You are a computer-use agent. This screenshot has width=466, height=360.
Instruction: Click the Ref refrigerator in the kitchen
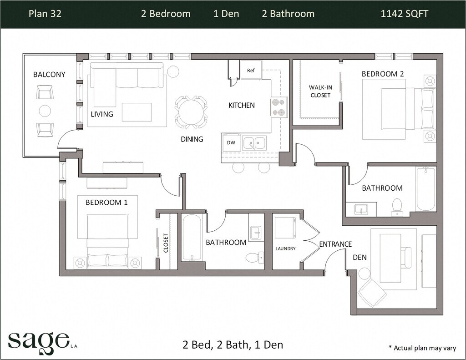click(x=251, y=70)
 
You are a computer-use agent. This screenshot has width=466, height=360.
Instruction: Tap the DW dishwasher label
click(x=231, y=143)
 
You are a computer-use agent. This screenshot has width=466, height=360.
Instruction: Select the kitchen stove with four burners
click(x=279, y=107)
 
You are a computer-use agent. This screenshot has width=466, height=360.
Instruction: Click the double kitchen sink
click(x=254, y=143)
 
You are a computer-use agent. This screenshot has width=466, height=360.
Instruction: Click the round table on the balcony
click(x=45, y=111)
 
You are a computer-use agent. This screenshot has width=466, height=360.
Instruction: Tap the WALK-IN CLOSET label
click(x=320, y=91)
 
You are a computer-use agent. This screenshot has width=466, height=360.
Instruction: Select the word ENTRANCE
click(x=335, y=244)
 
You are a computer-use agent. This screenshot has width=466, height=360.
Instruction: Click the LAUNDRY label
click(x=285, y=248)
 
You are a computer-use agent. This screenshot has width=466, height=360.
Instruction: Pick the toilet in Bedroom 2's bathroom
click(x=397, y=207)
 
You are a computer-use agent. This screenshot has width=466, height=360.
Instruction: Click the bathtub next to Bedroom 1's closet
click(x=192, y=238)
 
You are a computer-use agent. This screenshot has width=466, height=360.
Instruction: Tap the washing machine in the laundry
click(x=285, y=228)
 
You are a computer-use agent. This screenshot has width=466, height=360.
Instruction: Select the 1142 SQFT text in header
click(x=405, y=14)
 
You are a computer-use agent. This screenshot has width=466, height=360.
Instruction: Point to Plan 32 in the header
click(x=45, y=14)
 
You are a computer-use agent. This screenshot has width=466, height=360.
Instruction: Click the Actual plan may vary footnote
click(x=422, y=348)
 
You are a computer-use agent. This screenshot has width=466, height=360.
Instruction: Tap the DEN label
click(x=360, y=257)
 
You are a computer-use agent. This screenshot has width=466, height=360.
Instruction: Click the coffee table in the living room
click(x=137, y=112)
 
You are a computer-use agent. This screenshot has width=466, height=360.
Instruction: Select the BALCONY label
click(x=49, y=74)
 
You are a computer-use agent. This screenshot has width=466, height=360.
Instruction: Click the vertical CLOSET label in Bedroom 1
click(x=166, y=243)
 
